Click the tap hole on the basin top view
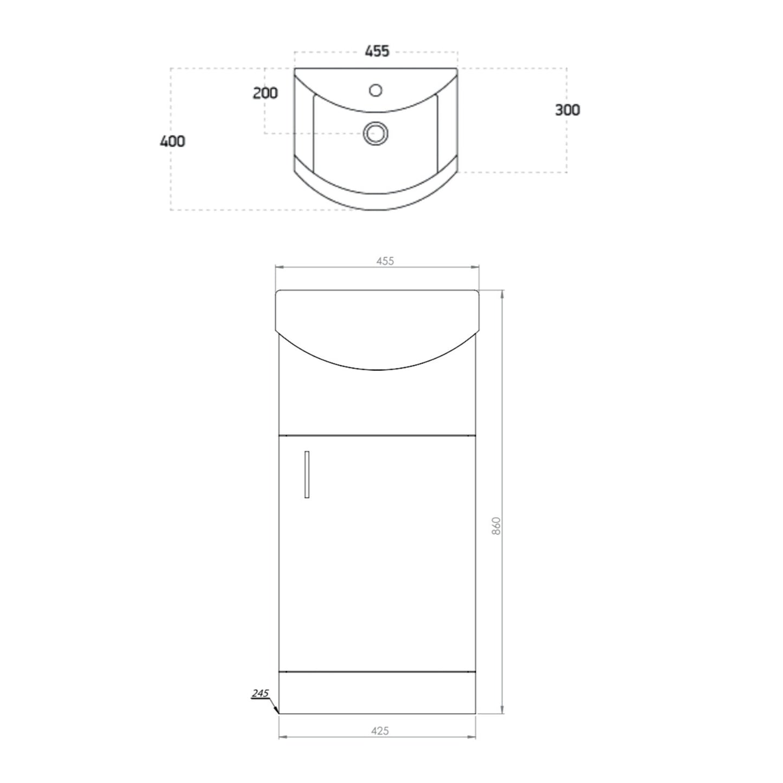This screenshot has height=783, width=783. point(376,89)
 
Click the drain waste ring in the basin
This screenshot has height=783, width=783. point(376,133)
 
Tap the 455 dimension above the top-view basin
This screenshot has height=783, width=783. point(377,51)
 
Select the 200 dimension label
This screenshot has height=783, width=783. point(265,93)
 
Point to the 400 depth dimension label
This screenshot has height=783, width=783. point(172,141)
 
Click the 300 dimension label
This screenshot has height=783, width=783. point(567,110)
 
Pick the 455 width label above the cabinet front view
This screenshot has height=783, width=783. point(385,261)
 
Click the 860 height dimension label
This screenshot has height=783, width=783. point(496,526)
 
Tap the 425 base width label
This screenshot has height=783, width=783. point(380,731)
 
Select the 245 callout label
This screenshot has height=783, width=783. point(260,693)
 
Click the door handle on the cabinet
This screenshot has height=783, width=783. point(307,474)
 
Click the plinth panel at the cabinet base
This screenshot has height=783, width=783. point(377,693)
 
